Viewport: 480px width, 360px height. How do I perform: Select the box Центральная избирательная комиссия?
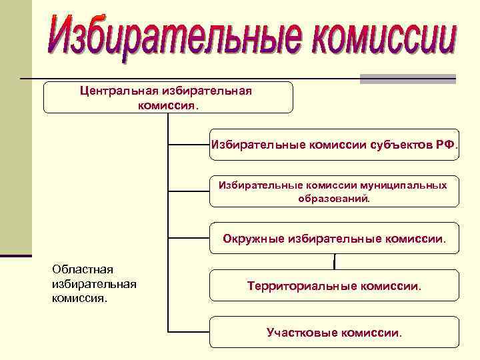tap(168, 97)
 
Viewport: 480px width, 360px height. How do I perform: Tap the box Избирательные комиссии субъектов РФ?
tap(335, 145)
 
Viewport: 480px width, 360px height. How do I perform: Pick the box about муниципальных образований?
tap(335, 191)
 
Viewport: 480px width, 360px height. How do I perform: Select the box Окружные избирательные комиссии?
tap(335, 238)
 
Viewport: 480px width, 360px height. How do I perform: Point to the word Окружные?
tap(253, 238)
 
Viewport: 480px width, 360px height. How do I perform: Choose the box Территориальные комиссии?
tap(335, 285)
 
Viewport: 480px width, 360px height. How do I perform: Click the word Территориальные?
tap(301, 285)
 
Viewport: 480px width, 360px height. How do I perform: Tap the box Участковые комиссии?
tap(335, 332)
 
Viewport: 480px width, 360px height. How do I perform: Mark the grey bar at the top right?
tap(407, 79)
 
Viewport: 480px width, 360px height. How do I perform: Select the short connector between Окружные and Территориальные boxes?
tap(334, 262)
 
